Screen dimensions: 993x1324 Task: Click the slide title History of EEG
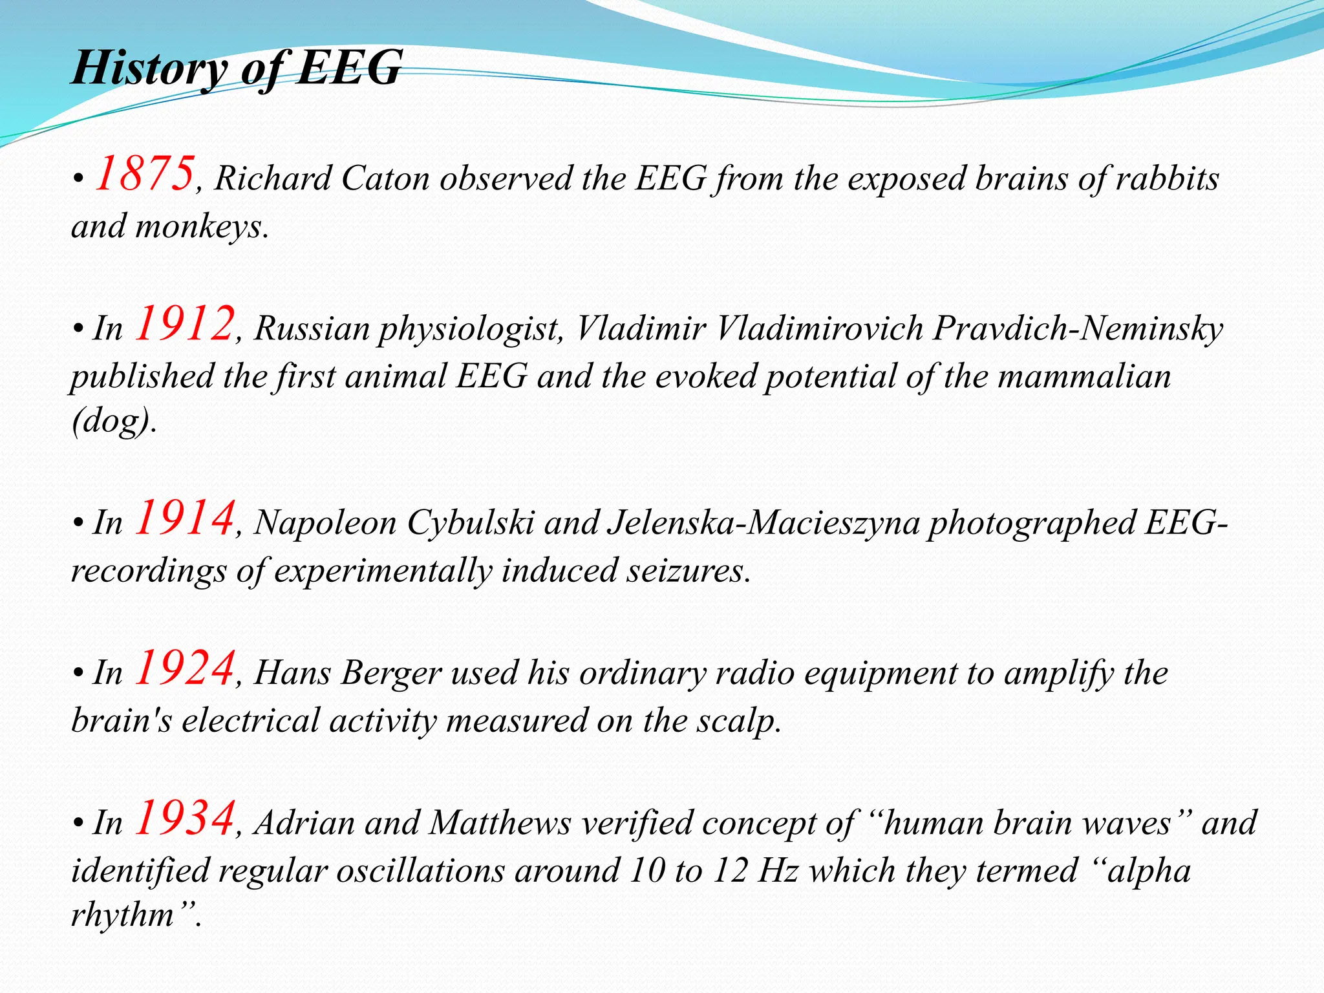coord(237,68)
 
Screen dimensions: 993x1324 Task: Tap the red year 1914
coord(184,518)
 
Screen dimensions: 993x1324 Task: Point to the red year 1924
coord(184,668)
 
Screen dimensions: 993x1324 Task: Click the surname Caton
coord(385,179)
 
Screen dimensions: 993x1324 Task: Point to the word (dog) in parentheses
coord(112,422)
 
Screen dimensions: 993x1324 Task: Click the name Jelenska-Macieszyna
coord(763,523)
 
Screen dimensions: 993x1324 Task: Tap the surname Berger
coord(392,673)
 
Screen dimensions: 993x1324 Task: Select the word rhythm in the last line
coord(123,914)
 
